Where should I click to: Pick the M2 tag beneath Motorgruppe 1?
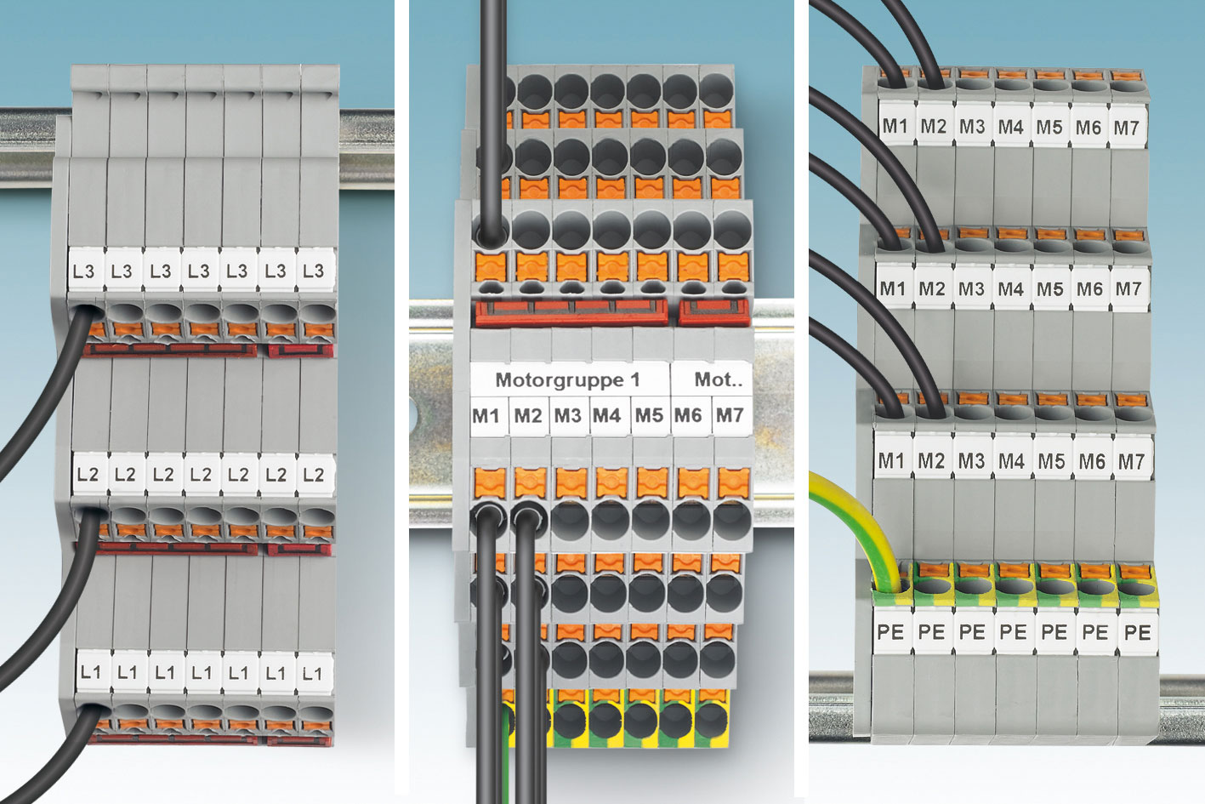click(529, 416)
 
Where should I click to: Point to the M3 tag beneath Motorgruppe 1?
click(569, 416)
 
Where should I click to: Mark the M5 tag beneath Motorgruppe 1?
click(650, 416)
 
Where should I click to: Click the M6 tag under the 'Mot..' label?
click(691, 416)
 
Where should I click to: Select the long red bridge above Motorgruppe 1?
click(571, 313)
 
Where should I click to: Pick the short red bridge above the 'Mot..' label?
click(713, 313)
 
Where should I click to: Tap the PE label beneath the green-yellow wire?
click(891, 631)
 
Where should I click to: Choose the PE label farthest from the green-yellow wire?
click(1138, 632)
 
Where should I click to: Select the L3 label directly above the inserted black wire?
click(85, 271)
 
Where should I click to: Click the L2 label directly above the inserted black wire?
click(88, 474)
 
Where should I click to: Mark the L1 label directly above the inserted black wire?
click(92, 673)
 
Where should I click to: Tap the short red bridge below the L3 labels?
click(301, 351)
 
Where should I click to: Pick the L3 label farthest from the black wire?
click(315, 271)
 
